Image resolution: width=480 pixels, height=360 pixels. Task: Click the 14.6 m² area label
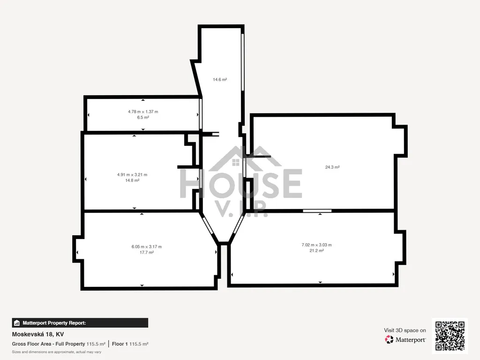pyautogui.click(x=220, y=80)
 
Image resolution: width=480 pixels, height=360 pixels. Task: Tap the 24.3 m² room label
pyautogui.click(x=332, y=167)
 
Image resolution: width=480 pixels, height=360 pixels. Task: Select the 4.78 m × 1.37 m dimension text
pyautogui.click(x=143, y=112)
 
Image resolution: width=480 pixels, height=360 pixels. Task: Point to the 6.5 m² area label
pyautogui.click(x=143, y=117)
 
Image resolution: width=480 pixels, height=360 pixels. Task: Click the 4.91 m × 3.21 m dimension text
pyautogui.click(x=132, y=175)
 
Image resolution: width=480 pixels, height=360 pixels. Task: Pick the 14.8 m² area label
pyautogui.click(x=132, y=180)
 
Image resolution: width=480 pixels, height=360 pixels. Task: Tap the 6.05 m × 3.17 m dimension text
pyautogui.click(x=147, y=247)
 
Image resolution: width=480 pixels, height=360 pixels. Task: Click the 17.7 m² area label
pyautogui.click(x=147, y=252)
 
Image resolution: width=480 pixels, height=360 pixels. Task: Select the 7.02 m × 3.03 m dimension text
pyautogui.click(x=316, y=245)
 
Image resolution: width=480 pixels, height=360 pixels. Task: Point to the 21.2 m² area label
pyautogui.click(x=316, y=250)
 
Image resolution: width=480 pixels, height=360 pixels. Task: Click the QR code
pyautogui.click(x=450, y=336)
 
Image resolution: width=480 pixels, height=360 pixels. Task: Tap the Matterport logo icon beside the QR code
pyautogui.click(x=389, y=339)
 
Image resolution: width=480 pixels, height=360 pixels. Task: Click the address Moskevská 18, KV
pyautogui.click(x=38, y=334)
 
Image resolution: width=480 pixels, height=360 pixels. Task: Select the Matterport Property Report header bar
pyautogui.click(x=80, y=323)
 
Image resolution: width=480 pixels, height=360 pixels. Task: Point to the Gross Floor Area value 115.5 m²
pyautogui.click(x=96, y=344)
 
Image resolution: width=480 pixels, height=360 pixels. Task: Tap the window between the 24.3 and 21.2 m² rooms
pyautogui.click(x=317, y=210)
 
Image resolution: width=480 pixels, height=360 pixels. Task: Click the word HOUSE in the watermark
pyautogui.click(x=241, y=184)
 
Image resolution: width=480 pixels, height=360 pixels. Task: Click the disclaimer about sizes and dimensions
pyautogui.click(x=57, y=352)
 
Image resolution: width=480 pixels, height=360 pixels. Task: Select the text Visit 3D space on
pyautogui.click(x=405, y=330)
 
